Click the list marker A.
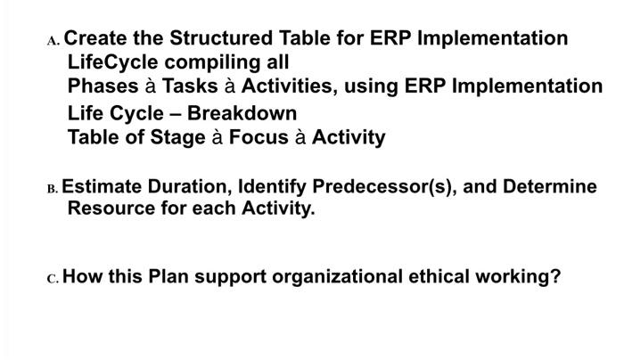[53, 41]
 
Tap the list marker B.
[53, 190]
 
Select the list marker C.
[53, 277]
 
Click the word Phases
[102, 86]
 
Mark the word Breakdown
[242, 113]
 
